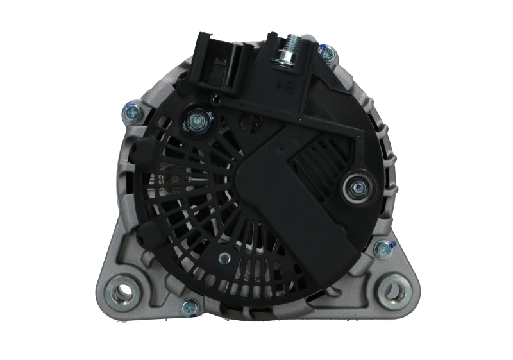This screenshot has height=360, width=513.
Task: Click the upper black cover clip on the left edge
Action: coord(140,154)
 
